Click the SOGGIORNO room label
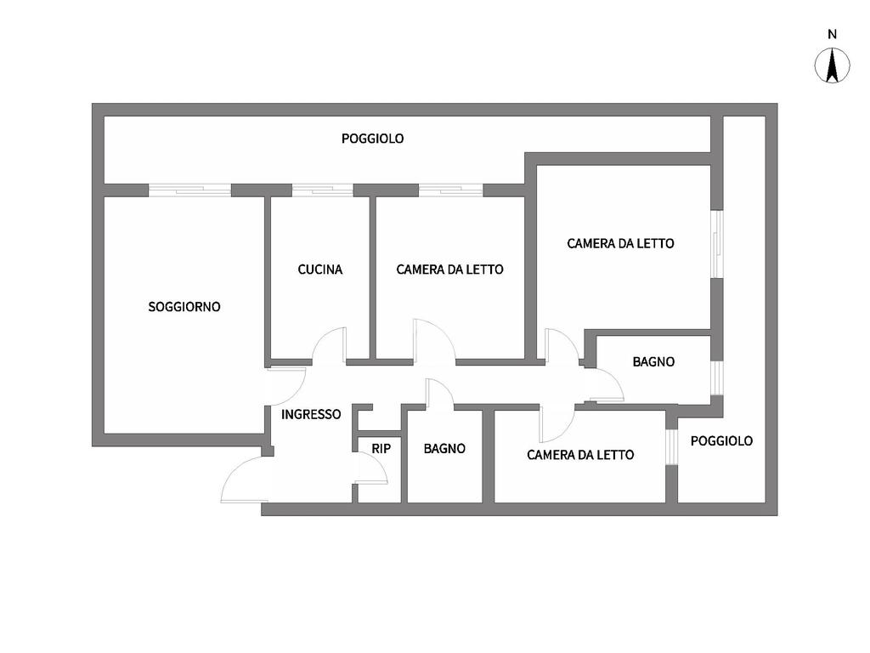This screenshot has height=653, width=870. coord(184,307)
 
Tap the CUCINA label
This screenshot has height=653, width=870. coord(320,270)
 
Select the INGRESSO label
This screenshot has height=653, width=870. coord(311,415)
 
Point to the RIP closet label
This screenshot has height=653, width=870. coord(381,448)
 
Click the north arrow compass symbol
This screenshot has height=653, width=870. coord(832,66)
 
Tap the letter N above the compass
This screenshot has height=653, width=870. coord(832,35)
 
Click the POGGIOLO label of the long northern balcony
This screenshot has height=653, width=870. coord(372,139)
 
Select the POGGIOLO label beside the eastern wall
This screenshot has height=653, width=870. coord(721,441)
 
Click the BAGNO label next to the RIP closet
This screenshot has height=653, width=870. coord(444,448)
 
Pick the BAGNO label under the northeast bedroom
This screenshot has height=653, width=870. coord(653,362)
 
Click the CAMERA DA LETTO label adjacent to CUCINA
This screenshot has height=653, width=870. coord(449,270)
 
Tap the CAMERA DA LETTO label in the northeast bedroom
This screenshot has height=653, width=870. coord(620,244)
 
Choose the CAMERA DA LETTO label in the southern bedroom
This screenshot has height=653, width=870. coord(580,455)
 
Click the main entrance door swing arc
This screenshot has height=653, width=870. coord(242,479)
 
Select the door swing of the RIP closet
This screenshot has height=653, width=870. coord(371,468)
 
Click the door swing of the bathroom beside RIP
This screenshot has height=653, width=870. coord(438,394)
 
